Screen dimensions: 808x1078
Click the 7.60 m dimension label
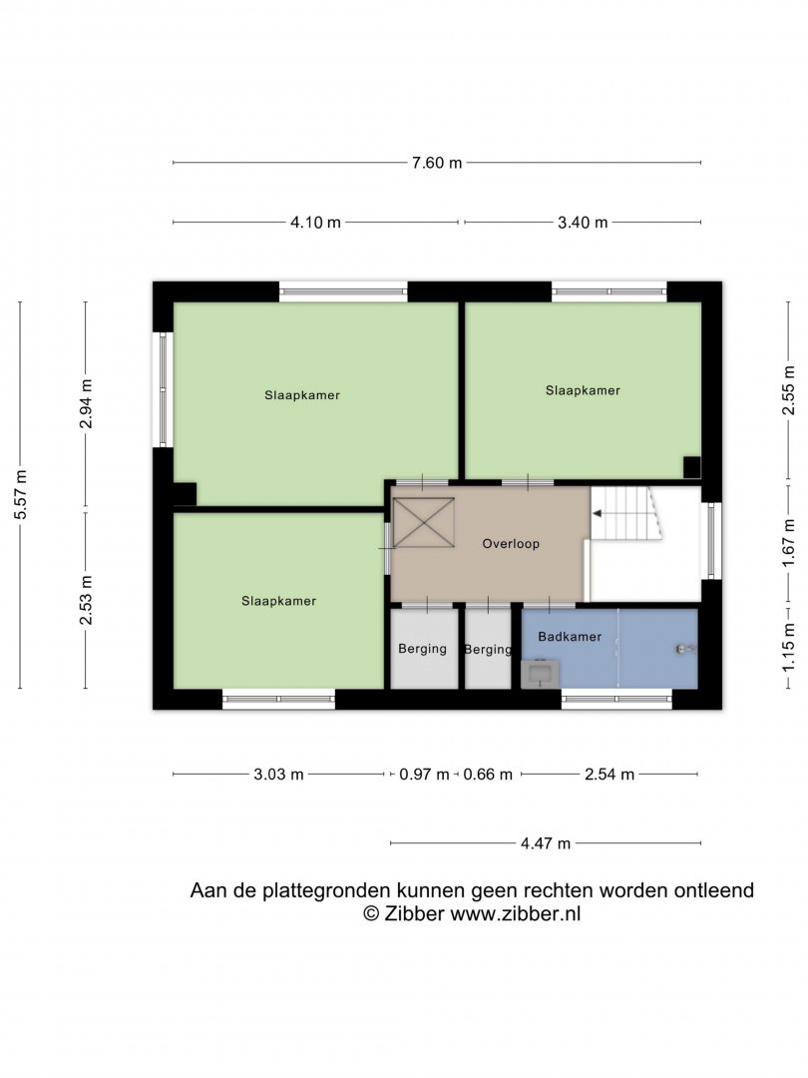[x=437, y=163]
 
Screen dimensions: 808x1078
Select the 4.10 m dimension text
[x=315, y=222]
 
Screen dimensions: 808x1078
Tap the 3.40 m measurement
[x=583, y=222]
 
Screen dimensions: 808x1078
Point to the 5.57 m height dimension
[x=21, y=495]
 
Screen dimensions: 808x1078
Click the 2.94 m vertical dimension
[x=86, y=403]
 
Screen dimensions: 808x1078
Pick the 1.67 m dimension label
[x=788, y=543]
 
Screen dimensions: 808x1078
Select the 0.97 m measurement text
[x=424, y=775]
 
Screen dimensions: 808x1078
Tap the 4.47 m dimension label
[x=546, y=842]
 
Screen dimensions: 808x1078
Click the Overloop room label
[x=511, y=544]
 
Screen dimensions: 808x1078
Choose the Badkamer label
[x=570, y=637]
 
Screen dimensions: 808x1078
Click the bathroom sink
[x=540, y=674]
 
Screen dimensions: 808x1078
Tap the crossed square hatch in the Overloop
[x=424, y=522]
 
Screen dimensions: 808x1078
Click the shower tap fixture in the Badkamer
[x=684, y=649]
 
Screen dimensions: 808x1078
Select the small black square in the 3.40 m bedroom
[x=692, y=467]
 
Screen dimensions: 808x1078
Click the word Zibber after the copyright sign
[x=414, y=913]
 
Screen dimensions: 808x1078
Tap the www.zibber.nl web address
[x=516, y=913]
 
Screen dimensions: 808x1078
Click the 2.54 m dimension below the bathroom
[x=609, y=775]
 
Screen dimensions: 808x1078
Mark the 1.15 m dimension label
[x=788, y=646]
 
